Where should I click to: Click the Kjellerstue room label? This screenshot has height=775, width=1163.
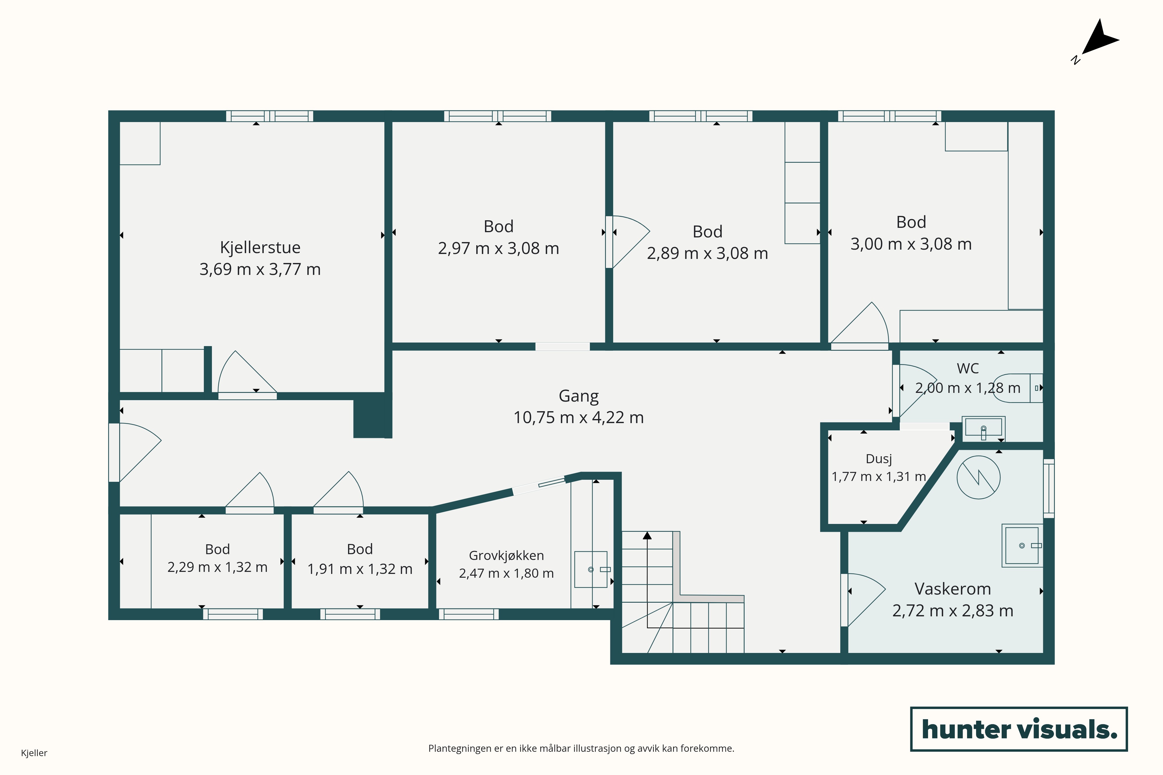coord(260,247)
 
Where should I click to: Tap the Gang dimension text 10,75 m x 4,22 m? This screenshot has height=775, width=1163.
coord(579,418)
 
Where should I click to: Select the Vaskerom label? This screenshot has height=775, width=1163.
coord(953,589)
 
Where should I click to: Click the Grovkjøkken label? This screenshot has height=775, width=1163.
coord(506,556)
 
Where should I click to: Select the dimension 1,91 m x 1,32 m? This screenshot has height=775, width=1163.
coord(360,569)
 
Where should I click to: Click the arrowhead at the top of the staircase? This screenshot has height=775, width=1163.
coord(647,535)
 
